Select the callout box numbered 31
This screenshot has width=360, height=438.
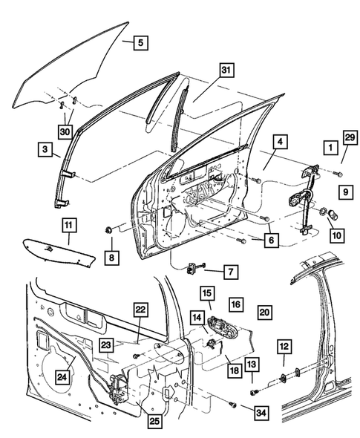pyautogui.click(x=226, y=71)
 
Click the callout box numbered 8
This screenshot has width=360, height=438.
pyautogui.click(x=110, y=258)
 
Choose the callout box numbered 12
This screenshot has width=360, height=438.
pyautogui.click(x=284, y=346)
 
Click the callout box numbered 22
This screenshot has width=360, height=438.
pyautogui.click(x=140, y=310)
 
